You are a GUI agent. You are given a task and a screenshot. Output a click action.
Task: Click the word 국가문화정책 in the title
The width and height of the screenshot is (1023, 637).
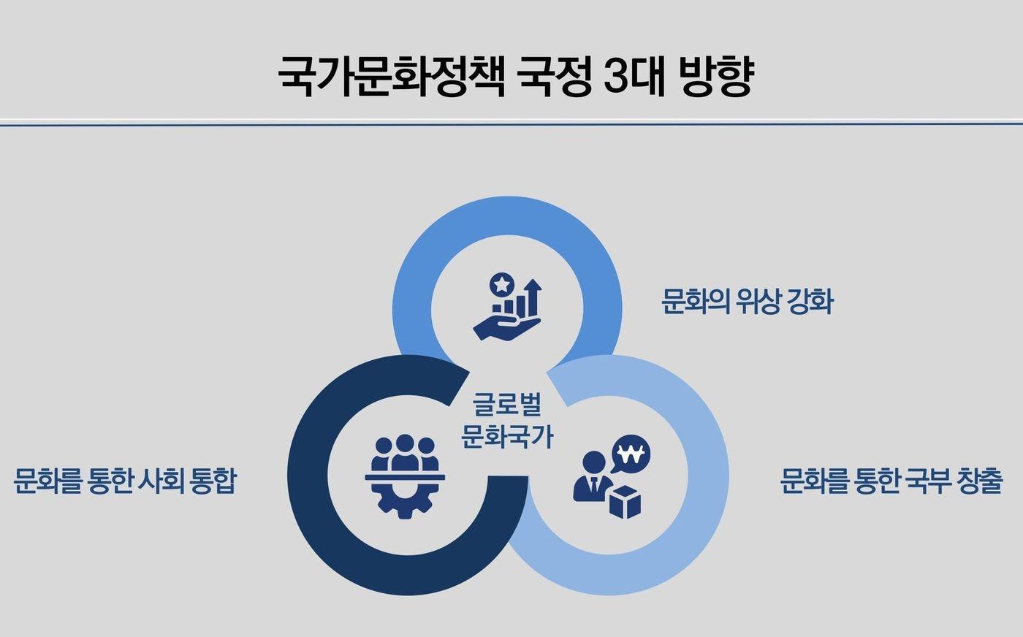[x=392, y=76]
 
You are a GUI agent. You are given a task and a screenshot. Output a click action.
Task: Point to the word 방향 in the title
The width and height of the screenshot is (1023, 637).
[x=715, y=76]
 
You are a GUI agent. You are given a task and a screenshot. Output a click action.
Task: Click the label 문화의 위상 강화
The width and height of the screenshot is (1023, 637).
[x=747, y=301]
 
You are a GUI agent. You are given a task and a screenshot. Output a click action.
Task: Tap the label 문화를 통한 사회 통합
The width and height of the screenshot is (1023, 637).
[x=125, y=481]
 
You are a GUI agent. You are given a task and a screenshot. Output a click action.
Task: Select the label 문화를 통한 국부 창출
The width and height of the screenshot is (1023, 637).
[x=891, y=481]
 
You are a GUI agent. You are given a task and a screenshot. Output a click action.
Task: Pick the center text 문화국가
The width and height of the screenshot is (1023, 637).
[x=507, y=437]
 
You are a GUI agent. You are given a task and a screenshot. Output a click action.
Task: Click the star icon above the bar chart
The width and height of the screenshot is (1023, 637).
[x=501, y=283]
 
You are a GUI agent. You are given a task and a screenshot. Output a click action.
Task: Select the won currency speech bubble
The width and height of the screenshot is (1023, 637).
[x=631, y=457]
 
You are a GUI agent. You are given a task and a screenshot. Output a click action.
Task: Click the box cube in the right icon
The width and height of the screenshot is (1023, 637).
[x=624, y=501]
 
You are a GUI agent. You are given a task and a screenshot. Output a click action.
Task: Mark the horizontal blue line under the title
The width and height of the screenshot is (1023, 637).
[x=512, y=124]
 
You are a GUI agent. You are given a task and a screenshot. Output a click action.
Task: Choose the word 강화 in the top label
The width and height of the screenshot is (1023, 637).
[x=810, y=301]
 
